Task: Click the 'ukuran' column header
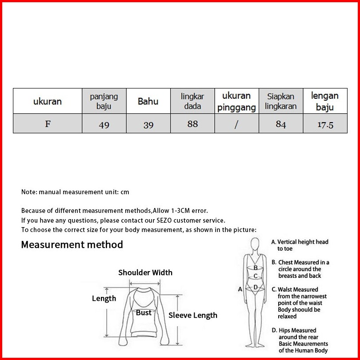pyautogui.click(x=48, y=101)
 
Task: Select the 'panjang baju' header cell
pyautogui.click(x=104, y=101)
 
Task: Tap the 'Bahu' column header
pyautogui.click(x=148, y=101)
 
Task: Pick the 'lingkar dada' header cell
pyautogui.click(x=192, y=101)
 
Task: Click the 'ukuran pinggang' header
pyautogui.click(x=236, y=101)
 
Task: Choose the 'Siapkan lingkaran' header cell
pyautogui.click(x=281, y=101)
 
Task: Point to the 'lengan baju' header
pyautogui.click(x=325, y=101)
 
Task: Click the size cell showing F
pyautogui.click(x=48, y=124)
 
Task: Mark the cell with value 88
pyautogui.click(x=192, y=124)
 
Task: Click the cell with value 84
pyautogui.click(x=281, y=124)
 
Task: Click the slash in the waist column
pyautogui.click(x=236, y=124)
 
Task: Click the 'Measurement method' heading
pyautogui.click(x=72, y=244)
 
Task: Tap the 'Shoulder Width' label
pyautogui.click(x=145, y=272)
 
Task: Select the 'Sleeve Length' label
pyautogui.click(x=193, y=315)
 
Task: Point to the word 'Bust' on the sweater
pyautogui.click(x=144, y=312)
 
